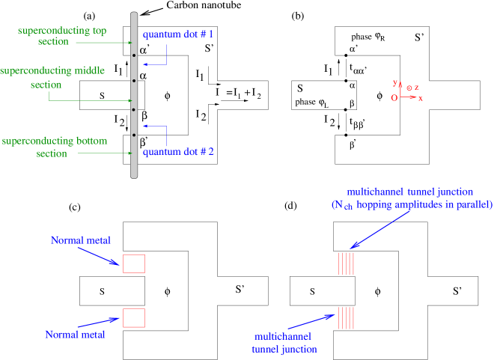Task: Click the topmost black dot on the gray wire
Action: click(134, 55)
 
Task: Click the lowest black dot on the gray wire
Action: click(134, 135)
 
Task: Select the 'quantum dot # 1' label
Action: click(179, 34)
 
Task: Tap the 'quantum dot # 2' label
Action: click(179, 152)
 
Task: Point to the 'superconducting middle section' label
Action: click(52, 78)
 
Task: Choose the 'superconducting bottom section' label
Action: click(55, 147)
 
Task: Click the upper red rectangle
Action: click(133, 263)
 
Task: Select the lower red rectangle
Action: click(133, 317)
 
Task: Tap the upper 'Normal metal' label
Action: click(81, 240)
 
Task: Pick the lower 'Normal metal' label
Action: click(75, 335)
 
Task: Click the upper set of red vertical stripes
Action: click(346, 263)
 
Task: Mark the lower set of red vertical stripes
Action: click(346, 318)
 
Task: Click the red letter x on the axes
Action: click(421, 99)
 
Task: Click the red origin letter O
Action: click(394, 97)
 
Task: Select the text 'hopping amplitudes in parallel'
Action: click(433, 204)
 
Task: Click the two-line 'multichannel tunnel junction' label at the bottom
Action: click(284, 343)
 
